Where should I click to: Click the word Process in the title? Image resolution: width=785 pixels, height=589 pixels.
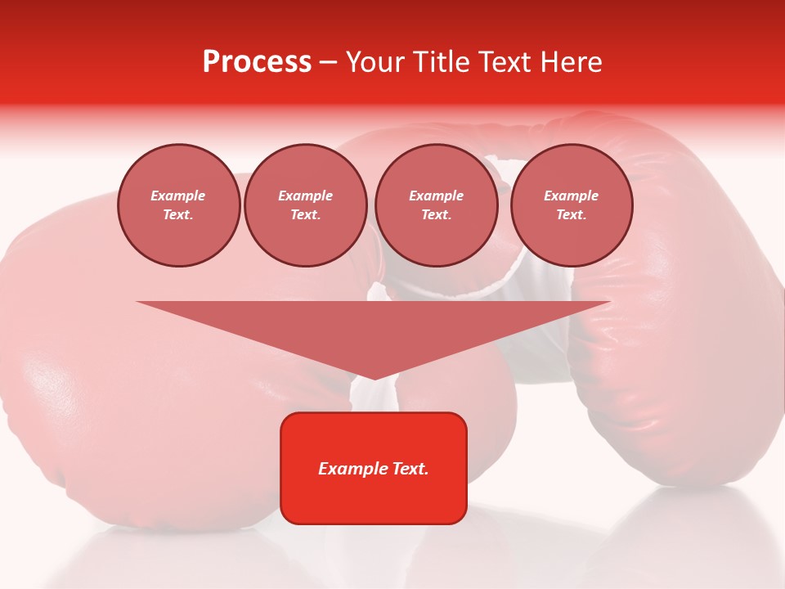(x=257, y=62)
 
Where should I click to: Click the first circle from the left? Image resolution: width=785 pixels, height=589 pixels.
(x=179, y=205)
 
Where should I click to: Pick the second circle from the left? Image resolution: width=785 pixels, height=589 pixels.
(x=306, y=205)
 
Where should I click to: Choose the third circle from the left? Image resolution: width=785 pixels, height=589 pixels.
(x=437, y=205)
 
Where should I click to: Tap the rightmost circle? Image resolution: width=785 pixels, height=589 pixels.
(x=572, y=205)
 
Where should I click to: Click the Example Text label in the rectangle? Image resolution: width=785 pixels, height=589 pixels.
(x=374, y=469)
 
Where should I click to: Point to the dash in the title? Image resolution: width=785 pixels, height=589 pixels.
(x=329, y=62)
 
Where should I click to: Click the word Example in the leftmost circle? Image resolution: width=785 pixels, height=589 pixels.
(x=178, y=196)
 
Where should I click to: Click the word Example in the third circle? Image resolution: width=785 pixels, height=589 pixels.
(x=437, y=196)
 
